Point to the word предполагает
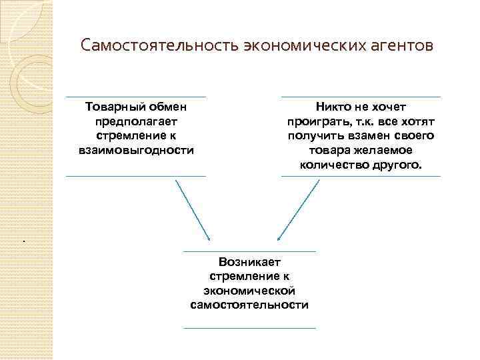pos(136,121)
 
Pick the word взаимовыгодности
pos(136,150)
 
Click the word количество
pos(331,165)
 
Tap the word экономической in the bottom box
pos(249,291)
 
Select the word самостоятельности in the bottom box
pos(249,305)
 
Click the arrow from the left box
pos(193,210)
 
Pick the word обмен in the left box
pos(165,107)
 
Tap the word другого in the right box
pos(393,165)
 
